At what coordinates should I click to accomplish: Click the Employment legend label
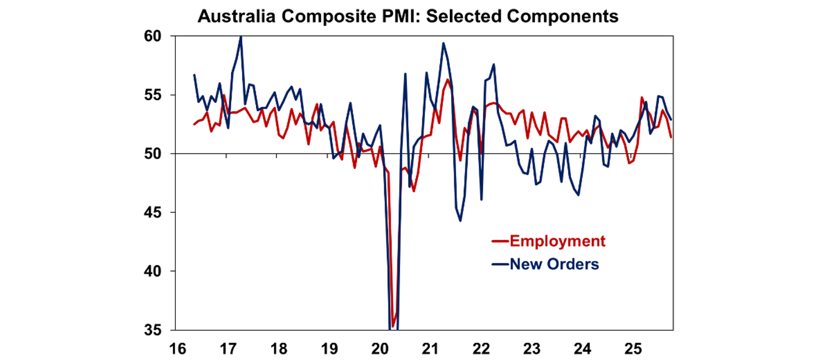point(557,241)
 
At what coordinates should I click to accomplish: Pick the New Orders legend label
point(554,264)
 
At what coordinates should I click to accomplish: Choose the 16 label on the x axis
point(177,349)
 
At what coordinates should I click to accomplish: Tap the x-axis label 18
point(278,349)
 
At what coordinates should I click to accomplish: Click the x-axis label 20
point(380,349)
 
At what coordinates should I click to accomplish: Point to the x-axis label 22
point(481,349)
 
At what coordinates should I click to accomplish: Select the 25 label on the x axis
point(633,349)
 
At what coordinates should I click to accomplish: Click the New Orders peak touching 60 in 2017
point(241,37)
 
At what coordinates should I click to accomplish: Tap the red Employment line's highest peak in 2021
point(448,79)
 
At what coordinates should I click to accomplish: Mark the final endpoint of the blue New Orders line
point(671,119)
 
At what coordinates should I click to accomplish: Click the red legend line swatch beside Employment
point(500,242)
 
